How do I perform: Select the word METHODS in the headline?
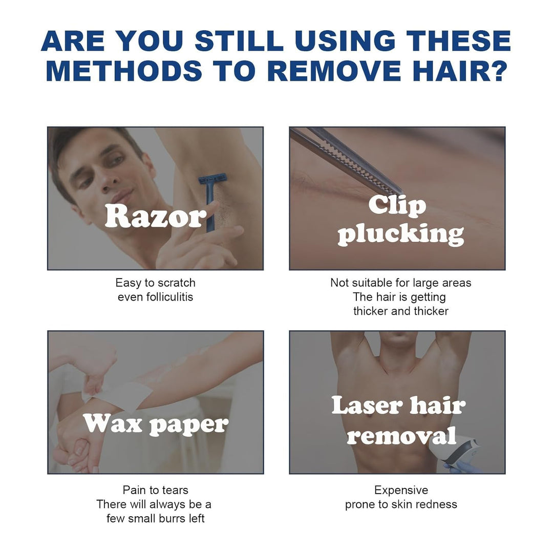click(x=123, y=71)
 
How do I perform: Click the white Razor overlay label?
click(x=155, y=216)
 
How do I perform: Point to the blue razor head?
click(x=212, y=179)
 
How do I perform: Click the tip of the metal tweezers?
click(x=401, y=192)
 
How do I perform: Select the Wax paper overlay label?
click(x=156, y=424)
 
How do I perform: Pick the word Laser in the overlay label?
click(x=367, y=405)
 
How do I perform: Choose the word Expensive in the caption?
click(x=401, y=490)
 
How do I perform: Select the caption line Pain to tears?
click(x=155, y=490)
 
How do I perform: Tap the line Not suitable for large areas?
click(x=400, y=283)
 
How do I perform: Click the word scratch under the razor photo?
click(x=176, y=283)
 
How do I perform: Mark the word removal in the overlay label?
click(x=401, y=436)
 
